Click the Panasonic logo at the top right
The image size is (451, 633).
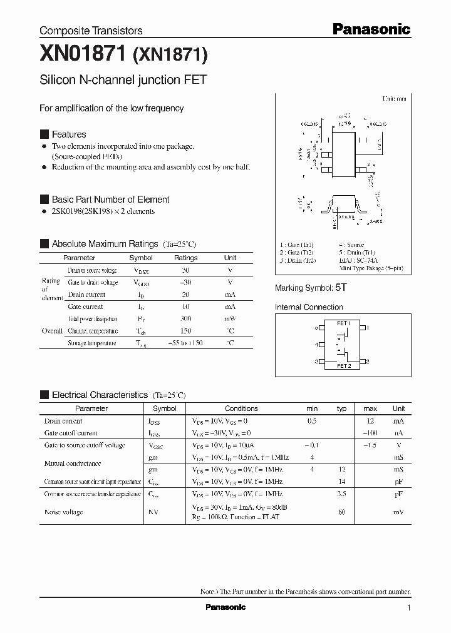371,29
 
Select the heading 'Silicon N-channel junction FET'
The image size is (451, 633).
123,80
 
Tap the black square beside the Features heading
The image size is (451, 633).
44,134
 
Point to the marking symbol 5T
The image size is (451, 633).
341,288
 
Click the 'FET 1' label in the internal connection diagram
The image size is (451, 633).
344,323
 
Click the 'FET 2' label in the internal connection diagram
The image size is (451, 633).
344,365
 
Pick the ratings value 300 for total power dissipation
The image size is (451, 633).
185,319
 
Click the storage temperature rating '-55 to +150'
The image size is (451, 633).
185,343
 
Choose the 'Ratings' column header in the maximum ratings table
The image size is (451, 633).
185,258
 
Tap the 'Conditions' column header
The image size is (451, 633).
241,408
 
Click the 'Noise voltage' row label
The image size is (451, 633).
63,512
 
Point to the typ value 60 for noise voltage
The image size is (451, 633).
341,512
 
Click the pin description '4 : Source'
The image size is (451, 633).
351,245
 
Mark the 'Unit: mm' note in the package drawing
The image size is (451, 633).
394,99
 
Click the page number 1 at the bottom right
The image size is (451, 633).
408,608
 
